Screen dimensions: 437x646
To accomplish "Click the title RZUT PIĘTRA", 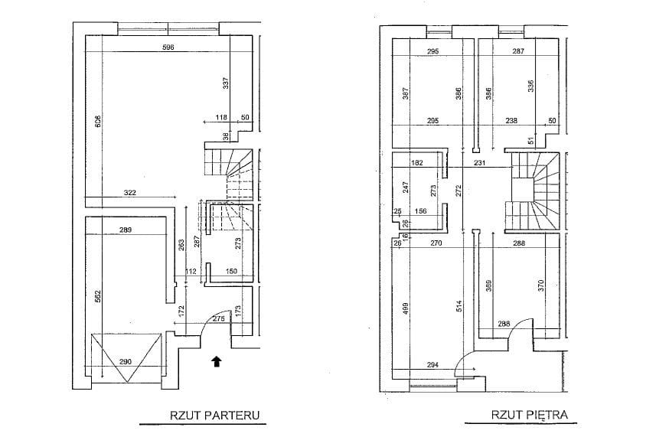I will coord(530,416).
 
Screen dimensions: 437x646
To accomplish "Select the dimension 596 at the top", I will coord(168,47).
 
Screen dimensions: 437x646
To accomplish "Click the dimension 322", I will coord(129,193).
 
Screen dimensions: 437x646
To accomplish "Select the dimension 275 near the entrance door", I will coord(219,318).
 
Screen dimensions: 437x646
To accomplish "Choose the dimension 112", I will coord(191,270).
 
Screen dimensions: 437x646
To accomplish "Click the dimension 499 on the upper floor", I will coord(406,310).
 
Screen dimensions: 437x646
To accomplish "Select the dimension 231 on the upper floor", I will coord(480,163).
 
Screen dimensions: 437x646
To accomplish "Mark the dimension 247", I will coord(406,187).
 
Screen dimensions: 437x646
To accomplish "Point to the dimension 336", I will coord(530,86).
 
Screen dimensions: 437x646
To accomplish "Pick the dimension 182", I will coord(417,163).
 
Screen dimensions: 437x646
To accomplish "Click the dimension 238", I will coord(512,120).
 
